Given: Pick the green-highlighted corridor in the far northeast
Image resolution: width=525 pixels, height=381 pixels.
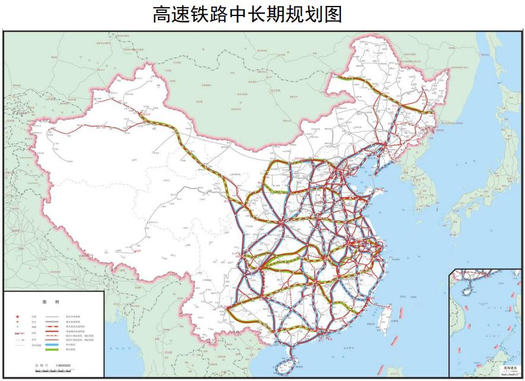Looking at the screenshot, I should pos(380,95).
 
